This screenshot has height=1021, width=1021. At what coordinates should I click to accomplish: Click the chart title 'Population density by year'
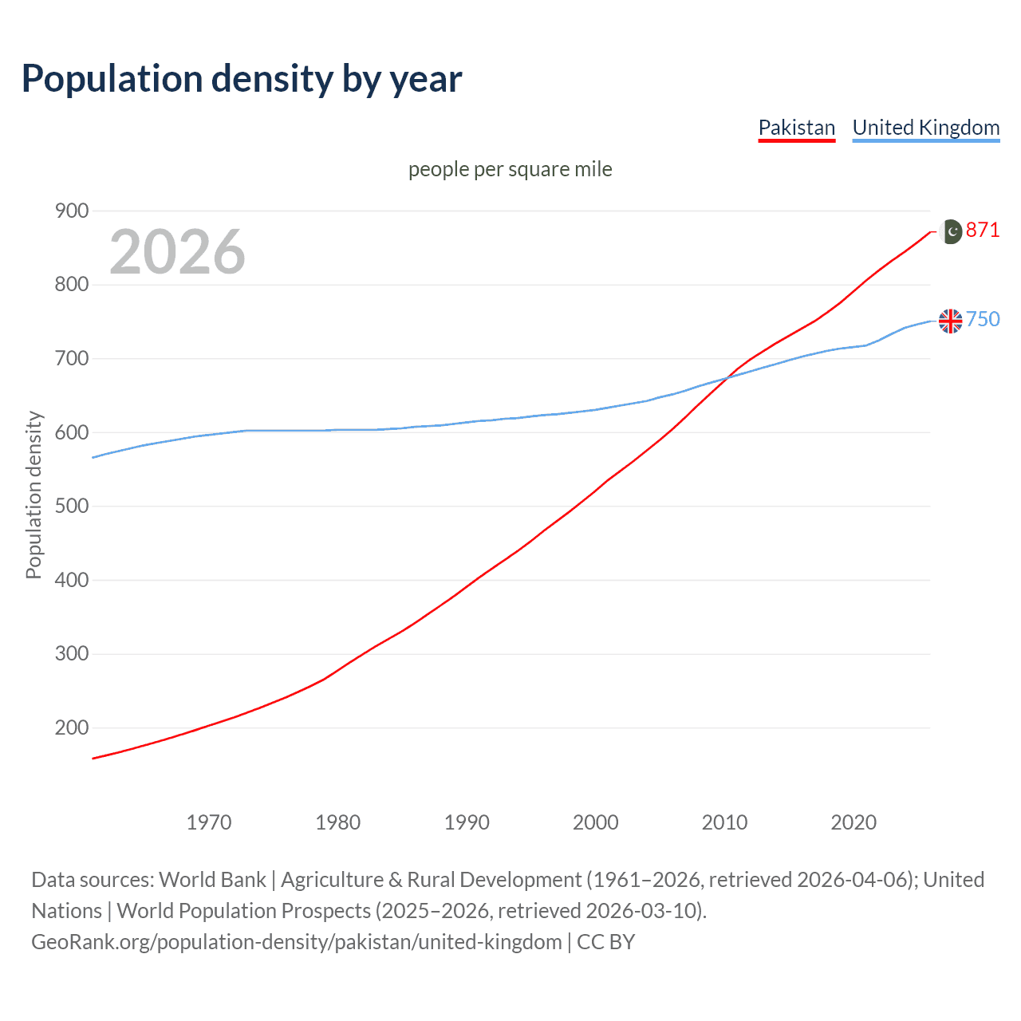click(x=242, y=79)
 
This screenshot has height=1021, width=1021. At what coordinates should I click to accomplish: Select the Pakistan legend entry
click(x=796, y=128)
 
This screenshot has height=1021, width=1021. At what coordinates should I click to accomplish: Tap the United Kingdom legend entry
click(x=925, y=128)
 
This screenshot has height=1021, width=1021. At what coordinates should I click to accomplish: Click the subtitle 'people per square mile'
click(x=510, y=169)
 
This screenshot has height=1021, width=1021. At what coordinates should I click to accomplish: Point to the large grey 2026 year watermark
click(x=177, y=252)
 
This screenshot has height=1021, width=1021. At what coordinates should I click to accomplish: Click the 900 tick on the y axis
click(x=72, y=211)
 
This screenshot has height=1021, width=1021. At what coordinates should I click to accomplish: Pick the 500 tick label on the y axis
click(x=72, y=506)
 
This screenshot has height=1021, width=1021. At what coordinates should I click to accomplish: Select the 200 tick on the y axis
click(x=72, y=727)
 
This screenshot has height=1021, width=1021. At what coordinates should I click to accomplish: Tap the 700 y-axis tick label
click(x=72, y=358)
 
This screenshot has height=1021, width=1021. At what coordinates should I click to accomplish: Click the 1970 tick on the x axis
click(x=209, y=822)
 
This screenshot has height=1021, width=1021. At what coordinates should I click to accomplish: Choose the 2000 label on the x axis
click(x=595, y=822)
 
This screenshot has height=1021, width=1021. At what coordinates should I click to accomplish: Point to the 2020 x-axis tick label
click(x=853, y=822)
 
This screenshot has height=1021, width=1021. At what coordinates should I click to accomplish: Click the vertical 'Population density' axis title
click(x=34, y=495)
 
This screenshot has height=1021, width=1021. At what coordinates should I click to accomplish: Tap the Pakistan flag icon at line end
click(x=951, y=231)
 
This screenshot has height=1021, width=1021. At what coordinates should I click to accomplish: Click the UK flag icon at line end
click(x=951, y=321)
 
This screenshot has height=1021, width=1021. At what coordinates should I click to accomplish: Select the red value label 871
click(x=983, y=231)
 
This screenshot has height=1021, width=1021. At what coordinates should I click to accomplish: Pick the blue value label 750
click(x=983, y=320)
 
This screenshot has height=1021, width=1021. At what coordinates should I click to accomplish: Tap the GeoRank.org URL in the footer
click(x=296, y=942)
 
